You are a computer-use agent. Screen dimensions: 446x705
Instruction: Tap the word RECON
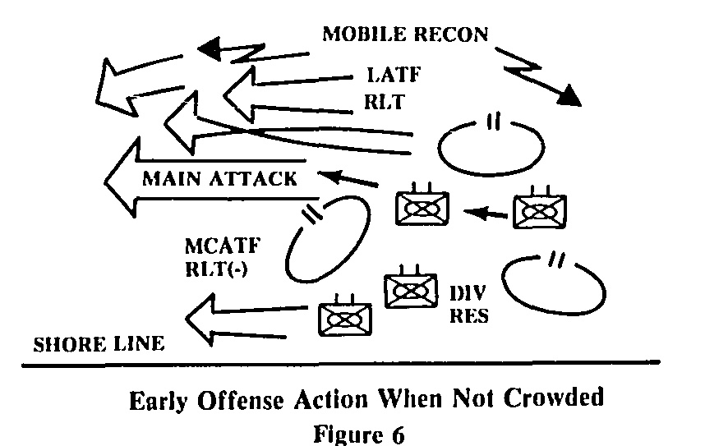point(454,34)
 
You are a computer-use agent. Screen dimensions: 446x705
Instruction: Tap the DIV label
point(467,293)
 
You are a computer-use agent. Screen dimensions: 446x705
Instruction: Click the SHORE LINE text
point(98,344)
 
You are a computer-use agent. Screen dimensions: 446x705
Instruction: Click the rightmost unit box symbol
point(539,211)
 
